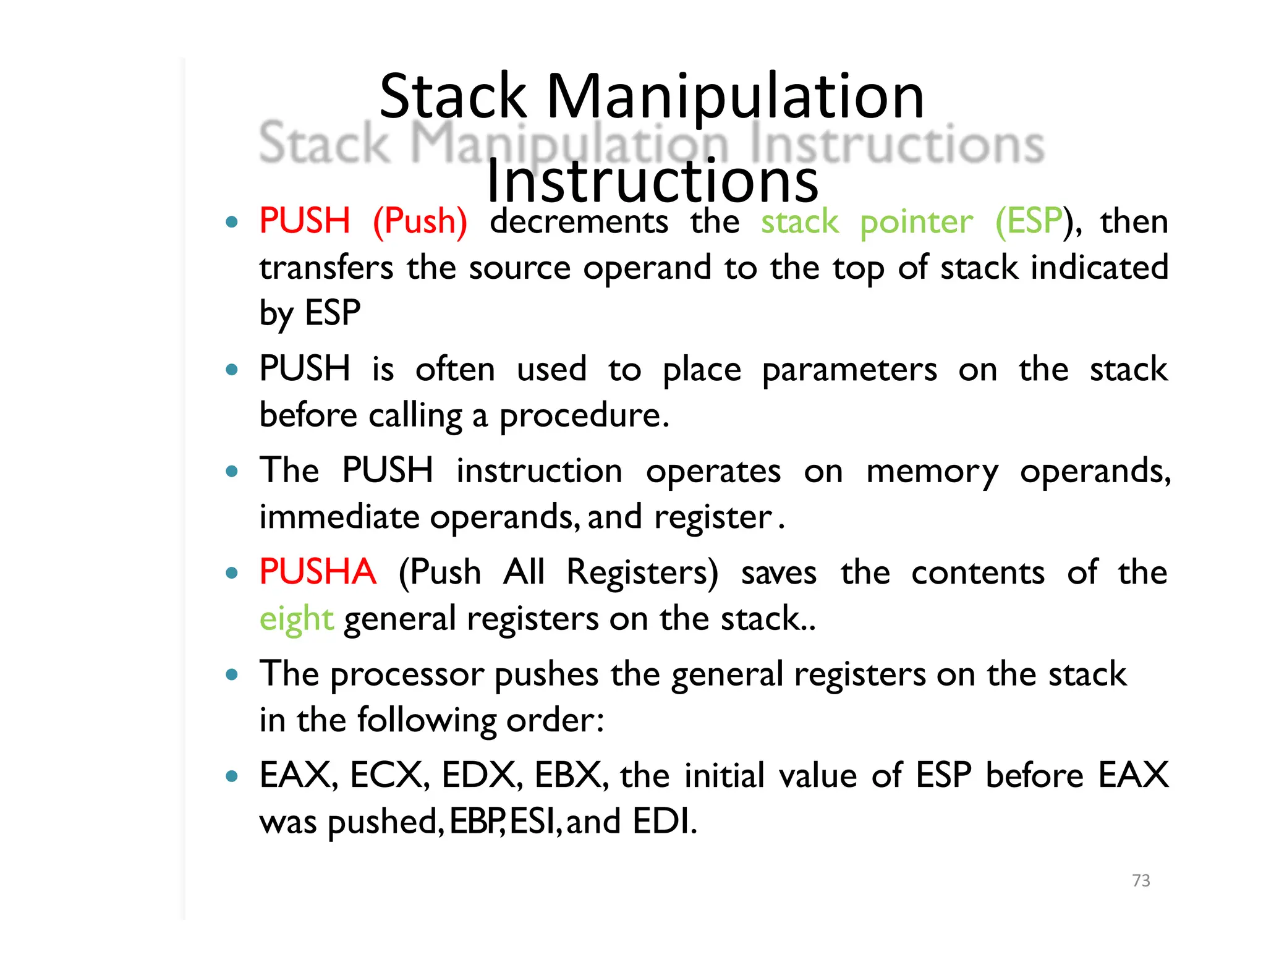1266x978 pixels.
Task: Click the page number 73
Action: tap(1141, 880)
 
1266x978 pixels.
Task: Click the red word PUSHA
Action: tap(317, 572)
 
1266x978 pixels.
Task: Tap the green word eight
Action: tap(296, 619)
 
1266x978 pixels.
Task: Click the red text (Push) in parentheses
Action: tap(420, 221)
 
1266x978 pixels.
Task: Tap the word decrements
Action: tap(579, 221)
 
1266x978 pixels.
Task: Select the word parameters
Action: tap(849, 370)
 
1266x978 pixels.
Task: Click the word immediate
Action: tap(339, 517)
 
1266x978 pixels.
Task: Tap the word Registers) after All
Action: tap(642, 572)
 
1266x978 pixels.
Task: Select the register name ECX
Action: tap(388, 775)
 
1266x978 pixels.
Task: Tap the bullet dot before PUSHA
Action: tap(232, 573)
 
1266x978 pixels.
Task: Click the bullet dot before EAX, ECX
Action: tap(232, 776)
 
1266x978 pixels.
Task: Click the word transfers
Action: tap(326, 268)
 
